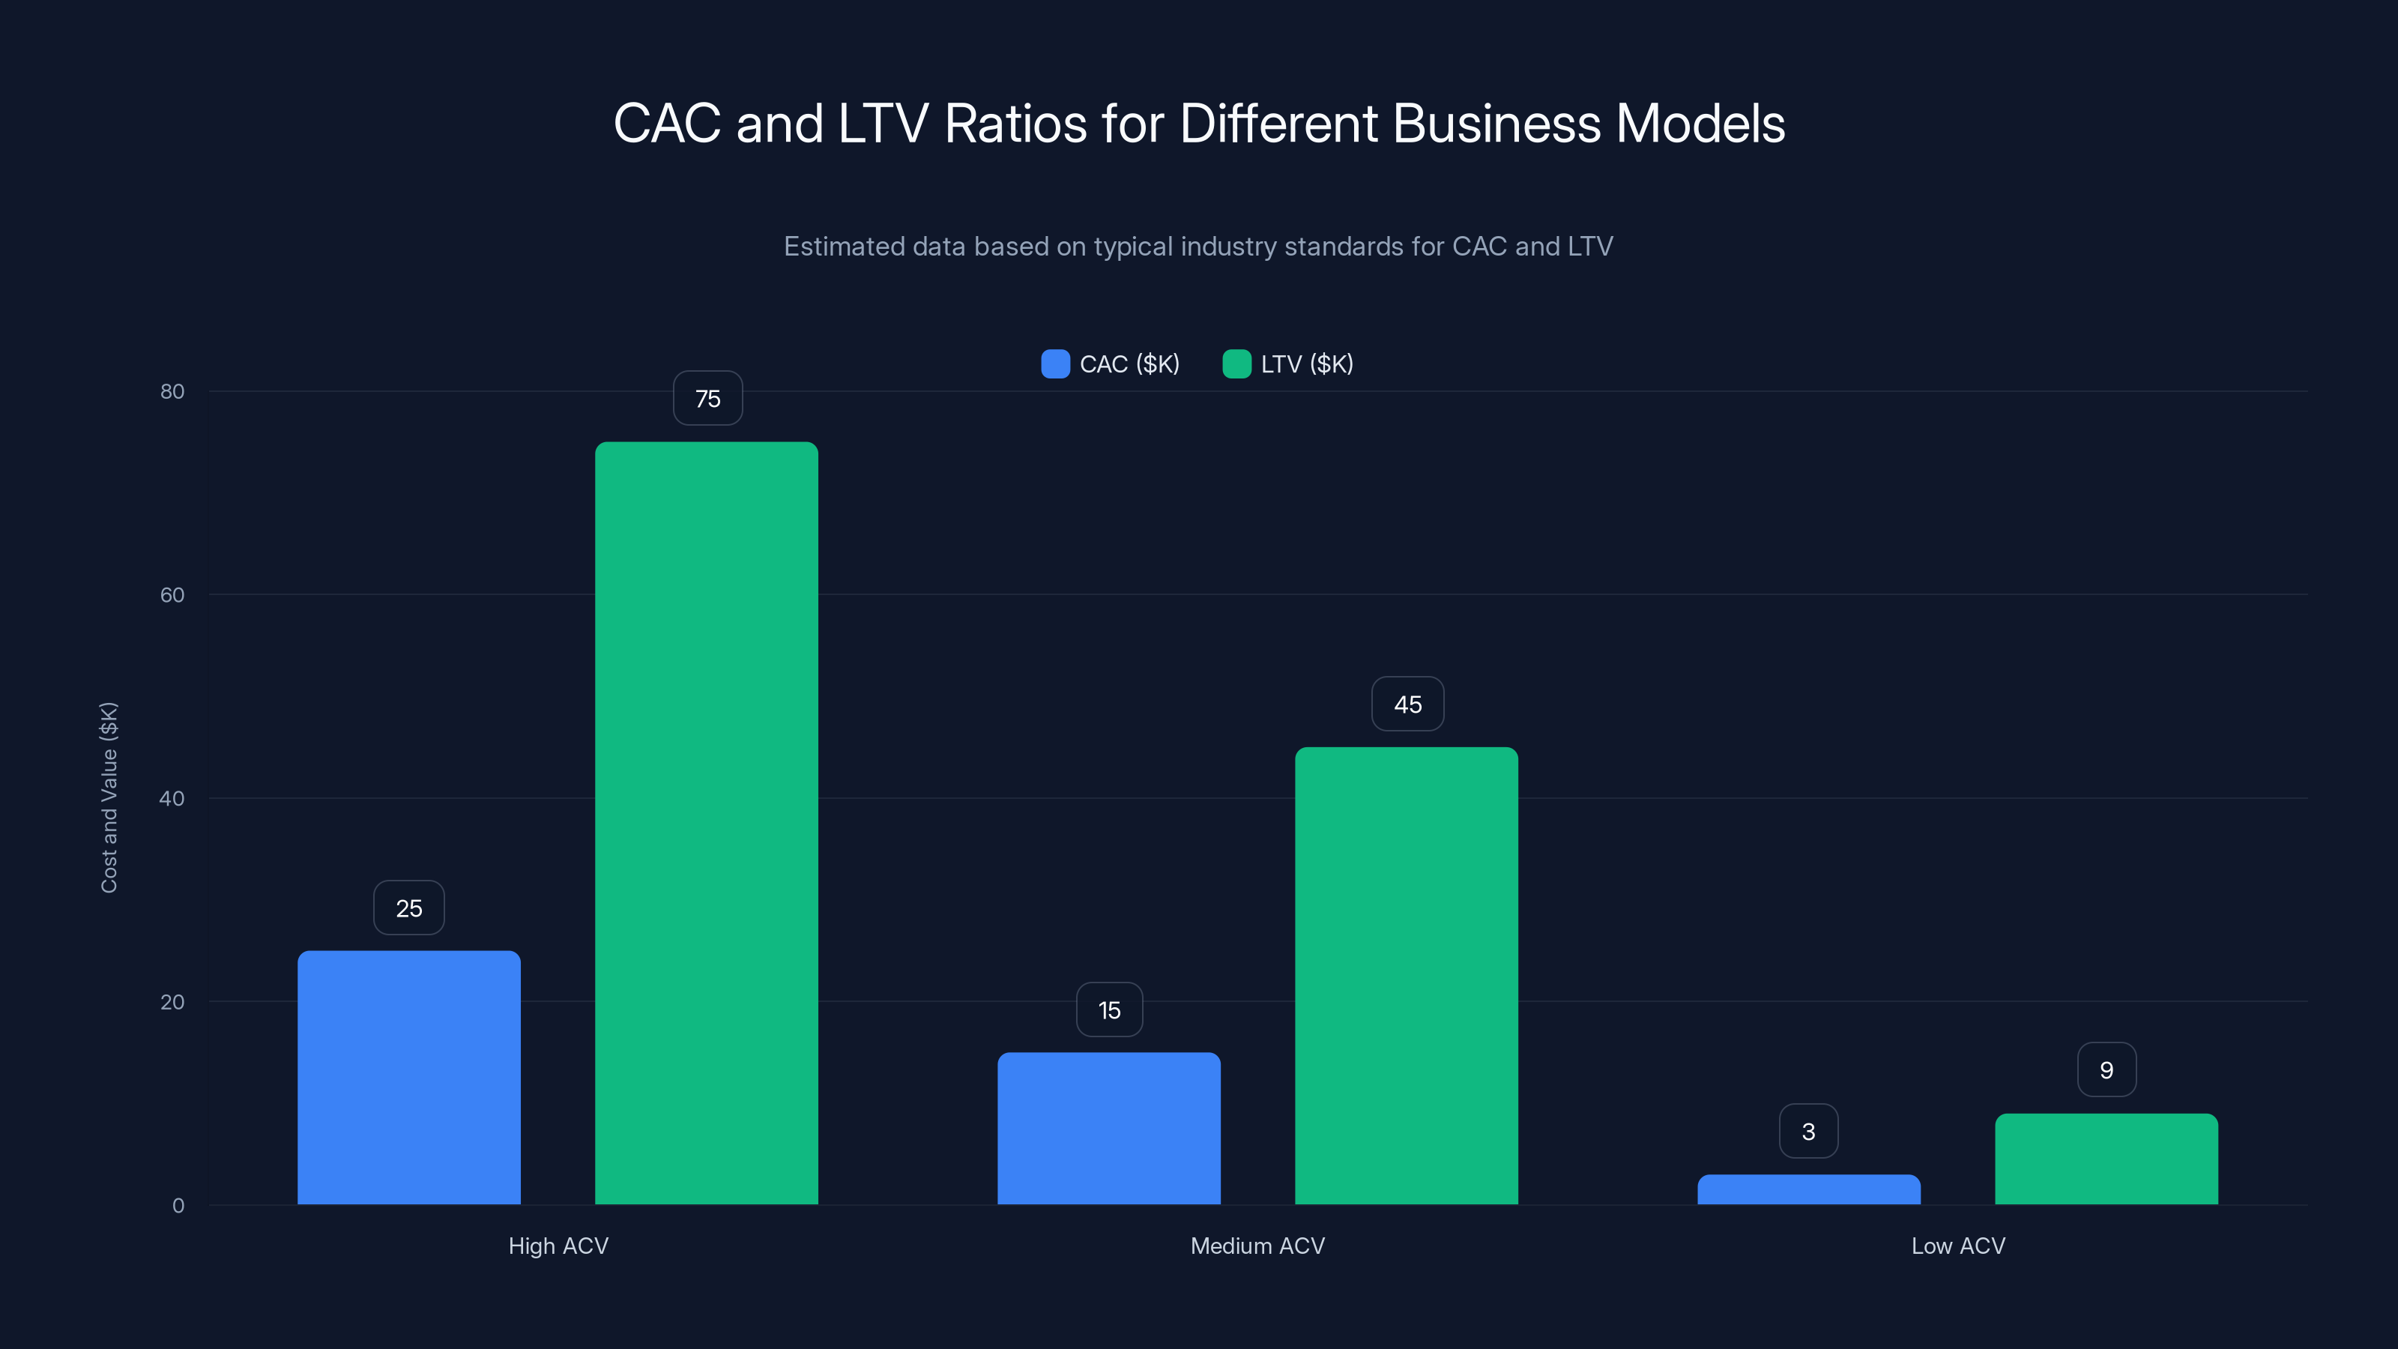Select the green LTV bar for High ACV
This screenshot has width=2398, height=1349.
coord(707,823)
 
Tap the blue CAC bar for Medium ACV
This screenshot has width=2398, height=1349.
coord(1109,1129)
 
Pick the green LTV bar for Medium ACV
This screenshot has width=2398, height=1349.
coord(1407,976)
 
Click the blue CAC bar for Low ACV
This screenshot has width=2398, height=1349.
coord(1809,1190)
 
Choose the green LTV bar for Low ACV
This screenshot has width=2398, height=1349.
coord(2106,1159)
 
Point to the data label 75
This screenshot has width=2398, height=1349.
coord(707,399)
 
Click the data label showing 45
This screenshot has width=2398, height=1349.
coord(1407,704)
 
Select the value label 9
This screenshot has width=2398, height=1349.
coord(2106,1069)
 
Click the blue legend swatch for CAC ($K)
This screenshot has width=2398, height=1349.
coord(1054,364)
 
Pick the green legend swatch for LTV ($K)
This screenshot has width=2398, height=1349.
coord(1236,364)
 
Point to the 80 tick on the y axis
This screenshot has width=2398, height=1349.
coord(172,391)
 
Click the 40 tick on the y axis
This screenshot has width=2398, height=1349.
coord(172,798)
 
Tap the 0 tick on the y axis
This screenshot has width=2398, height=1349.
coord(178,1206)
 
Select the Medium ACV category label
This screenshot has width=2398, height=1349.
coord(1257,1246)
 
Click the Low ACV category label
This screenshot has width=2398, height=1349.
coord(1957,1246)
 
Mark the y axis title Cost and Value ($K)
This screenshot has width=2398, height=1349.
coord(109,798)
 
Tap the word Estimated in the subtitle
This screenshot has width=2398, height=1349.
coord(845,247)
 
